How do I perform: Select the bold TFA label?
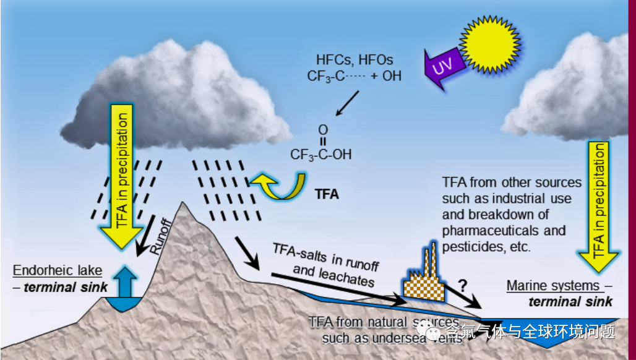pyautogui.click(x=327, y=194)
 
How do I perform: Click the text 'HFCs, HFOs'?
pyautogui.click(x=355, y=61)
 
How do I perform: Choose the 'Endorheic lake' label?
pyautogui.click(x=57, y=271)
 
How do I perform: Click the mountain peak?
pyautogui.click(x=184, y=207)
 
